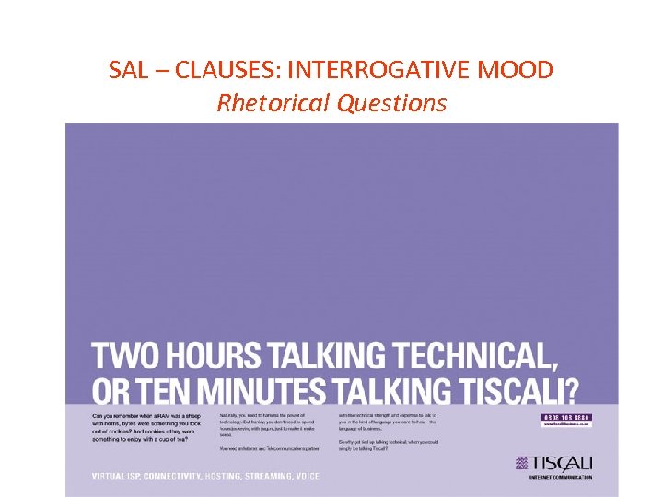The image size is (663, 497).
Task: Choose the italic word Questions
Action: (x=391, y=102)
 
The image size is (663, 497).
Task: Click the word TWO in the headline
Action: (x=121, y=356)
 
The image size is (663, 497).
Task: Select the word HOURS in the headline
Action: (x=208, y=356)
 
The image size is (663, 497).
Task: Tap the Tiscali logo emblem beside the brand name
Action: (x=520, y=463)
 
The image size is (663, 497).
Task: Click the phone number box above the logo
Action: (x=564, y=419)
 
